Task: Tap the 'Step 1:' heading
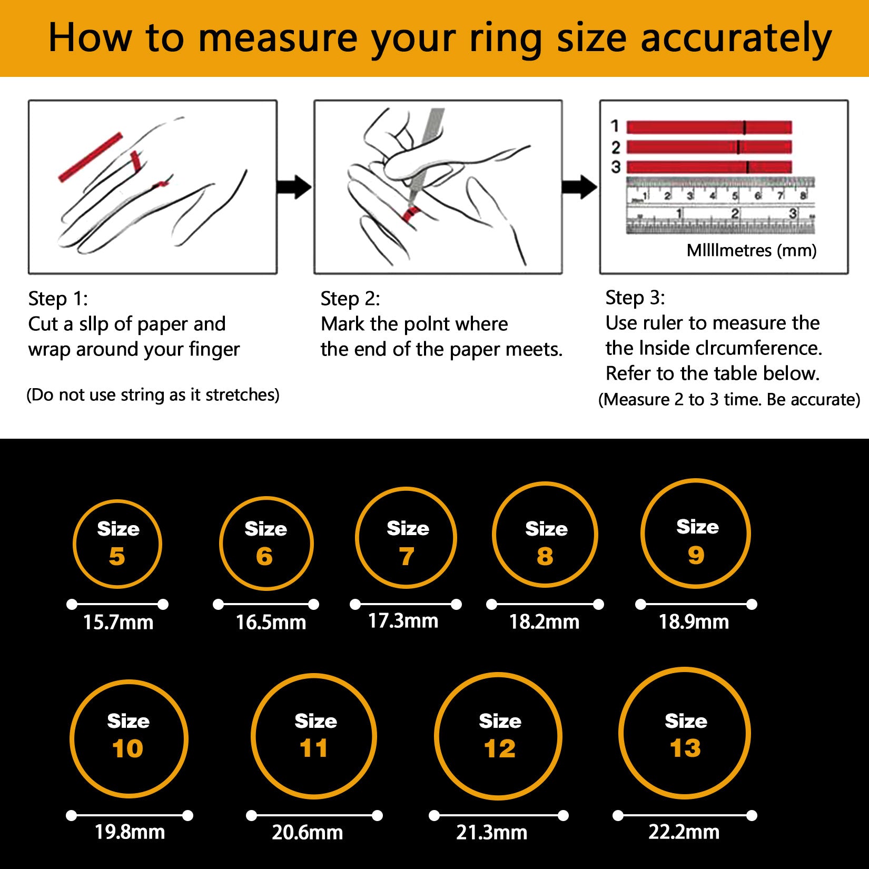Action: (x=58, y=299)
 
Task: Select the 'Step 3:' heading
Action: (x=635, y=298)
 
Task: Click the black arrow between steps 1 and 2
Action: (x=294, y=187)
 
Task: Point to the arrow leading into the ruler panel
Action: (x=579, y=187)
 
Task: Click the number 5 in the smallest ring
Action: (x=117, y=557)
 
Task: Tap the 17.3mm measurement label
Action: (x=403, y=621)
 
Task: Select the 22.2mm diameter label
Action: (x=684, y=832)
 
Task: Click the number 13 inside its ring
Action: (x=685, y=748)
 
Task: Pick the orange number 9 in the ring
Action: (x=696, y=555)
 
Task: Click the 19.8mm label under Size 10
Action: (x=130, y=832)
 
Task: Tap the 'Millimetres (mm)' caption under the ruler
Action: (x=752, y=250)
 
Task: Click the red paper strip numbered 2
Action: (x=709, y=147)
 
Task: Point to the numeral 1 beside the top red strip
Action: (x=615, y=126)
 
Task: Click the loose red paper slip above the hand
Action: (x=90, y=157)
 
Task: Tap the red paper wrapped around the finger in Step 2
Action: (x=410, y=213)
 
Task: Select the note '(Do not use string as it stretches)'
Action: (x=153, y=395)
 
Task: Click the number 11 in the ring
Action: (x=314, y=748)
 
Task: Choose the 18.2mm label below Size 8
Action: (x=544, y=622)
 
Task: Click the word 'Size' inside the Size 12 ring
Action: (x=500, y=721)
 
